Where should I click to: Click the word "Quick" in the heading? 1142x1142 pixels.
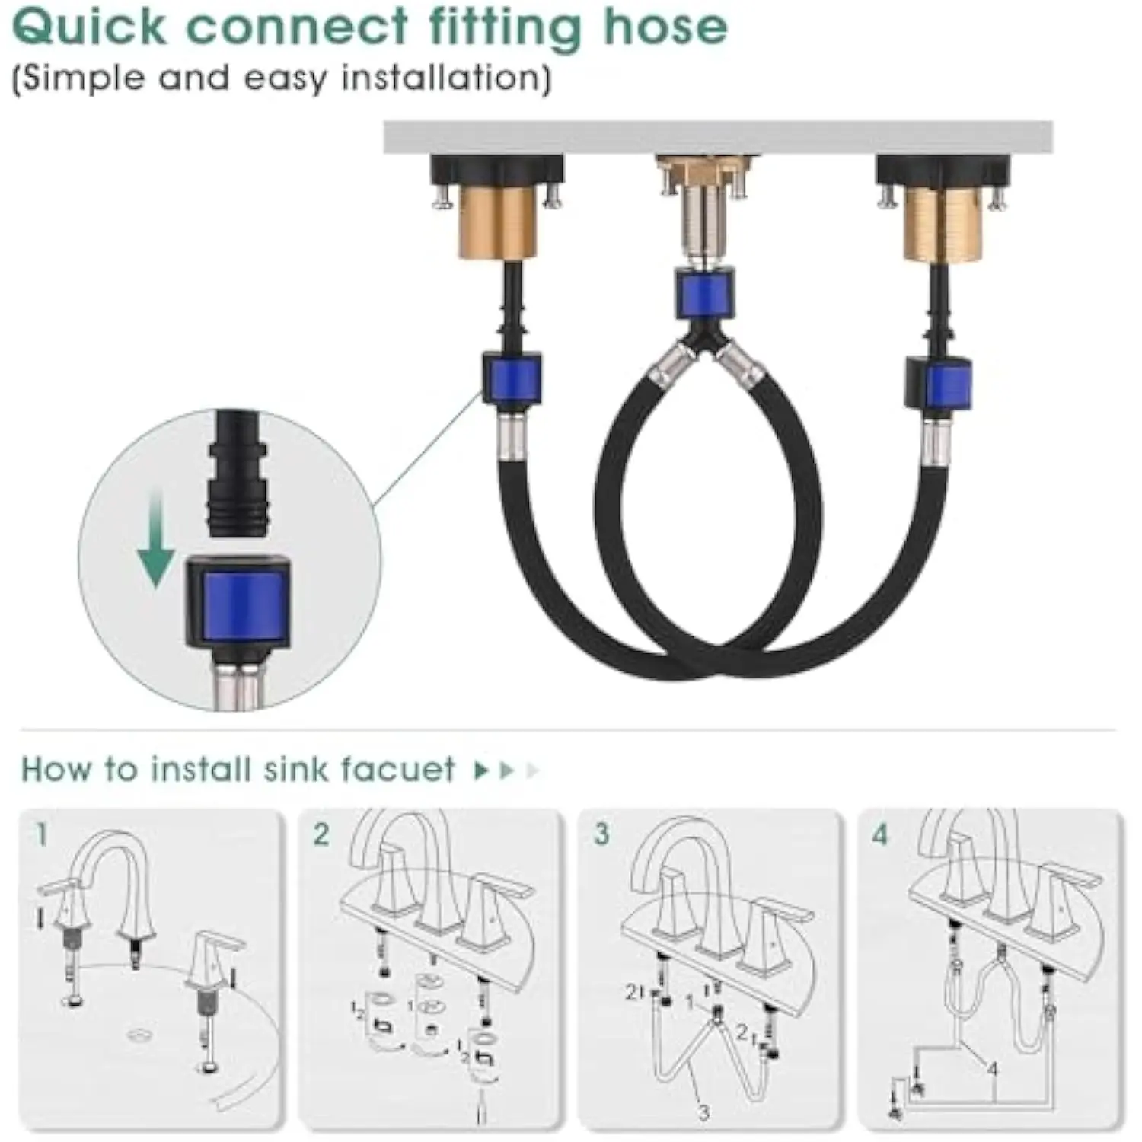coord(89,27)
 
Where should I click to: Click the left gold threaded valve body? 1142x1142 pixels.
coord(498,223)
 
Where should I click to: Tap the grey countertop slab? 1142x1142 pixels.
coord(718,137)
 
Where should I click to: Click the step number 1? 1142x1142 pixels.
coord(41,834)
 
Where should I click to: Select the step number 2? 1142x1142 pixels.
coord(321,834)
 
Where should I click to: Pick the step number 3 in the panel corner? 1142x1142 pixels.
coord(601,834)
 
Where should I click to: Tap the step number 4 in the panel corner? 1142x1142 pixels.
coord(880,834)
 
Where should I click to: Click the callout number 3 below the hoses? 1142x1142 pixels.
coord(703,1112)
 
